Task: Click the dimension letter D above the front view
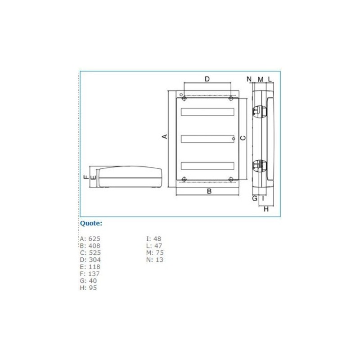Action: pos(207,79)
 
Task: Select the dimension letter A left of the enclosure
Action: pos(165,136)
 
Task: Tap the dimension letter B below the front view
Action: pos(209,191)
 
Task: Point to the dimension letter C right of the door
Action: pos(243,138)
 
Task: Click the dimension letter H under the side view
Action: pos(266,209)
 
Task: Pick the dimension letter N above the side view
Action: pos(249,79)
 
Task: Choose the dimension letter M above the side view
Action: pos(261,80)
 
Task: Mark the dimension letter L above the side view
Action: pos(270,79)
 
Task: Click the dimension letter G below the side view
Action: pos(255,198)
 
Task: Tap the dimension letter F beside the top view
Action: pos(86,177)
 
